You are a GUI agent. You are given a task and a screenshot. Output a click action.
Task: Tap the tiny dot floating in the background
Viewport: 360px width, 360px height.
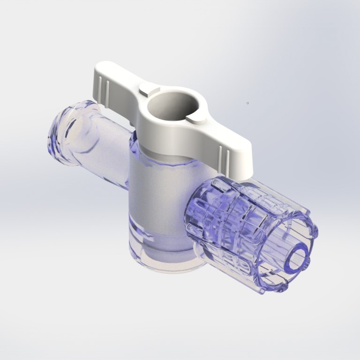247,103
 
